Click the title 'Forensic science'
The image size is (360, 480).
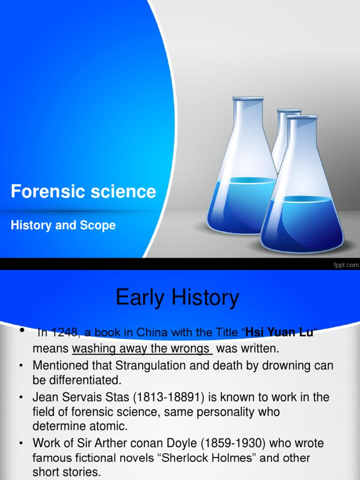click(83, 192)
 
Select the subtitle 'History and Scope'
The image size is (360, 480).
click(63, 225)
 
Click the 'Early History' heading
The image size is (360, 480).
click(177, 298)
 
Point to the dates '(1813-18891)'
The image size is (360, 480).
click(166, 397)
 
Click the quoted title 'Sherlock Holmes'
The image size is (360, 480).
click(200, 458)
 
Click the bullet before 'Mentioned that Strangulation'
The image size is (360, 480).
click(21, 366)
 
